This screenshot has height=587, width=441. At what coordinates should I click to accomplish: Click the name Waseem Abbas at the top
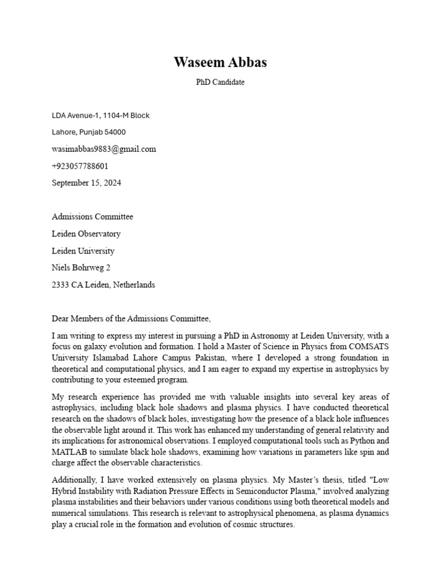[x=220, y=62]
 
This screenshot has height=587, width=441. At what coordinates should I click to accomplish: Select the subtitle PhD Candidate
[x=220, y=82]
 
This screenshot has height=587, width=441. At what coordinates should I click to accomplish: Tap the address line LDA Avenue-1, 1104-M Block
[x=100, y=115]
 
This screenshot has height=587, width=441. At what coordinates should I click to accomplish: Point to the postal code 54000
[x=115, y=132]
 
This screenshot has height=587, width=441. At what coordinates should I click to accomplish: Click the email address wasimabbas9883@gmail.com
[x=104, y=149]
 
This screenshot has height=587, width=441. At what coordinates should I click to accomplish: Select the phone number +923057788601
[x=80, y=166]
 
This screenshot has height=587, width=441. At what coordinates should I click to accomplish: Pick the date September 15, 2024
[x=87, y=183]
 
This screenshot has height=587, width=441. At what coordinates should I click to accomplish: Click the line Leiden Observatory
[x=86, y=234]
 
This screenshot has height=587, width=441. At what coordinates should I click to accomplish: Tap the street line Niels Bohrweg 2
[x=81, y=268]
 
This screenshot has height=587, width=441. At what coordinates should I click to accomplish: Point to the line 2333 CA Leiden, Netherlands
[x=103, y=285]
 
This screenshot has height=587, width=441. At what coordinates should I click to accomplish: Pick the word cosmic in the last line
[x=238, y=524]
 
